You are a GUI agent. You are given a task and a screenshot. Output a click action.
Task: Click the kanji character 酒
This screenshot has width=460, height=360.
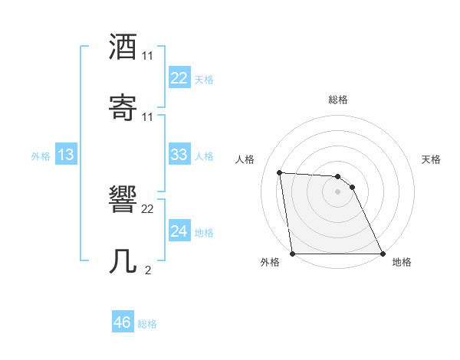point(123,47)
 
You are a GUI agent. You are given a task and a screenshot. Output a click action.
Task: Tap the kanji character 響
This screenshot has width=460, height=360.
point(123,200)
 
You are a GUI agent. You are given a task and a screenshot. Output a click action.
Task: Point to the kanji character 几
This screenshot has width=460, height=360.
point(123,261)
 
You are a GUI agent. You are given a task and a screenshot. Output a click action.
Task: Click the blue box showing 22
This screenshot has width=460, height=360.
point(179,77)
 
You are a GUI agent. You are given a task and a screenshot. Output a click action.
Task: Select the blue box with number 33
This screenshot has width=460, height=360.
point(179,155)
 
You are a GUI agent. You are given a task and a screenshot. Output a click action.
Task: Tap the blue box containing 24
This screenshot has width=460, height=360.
point(179,231)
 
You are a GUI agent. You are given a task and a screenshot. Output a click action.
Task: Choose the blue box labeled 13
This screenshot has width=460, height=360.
point(66,155)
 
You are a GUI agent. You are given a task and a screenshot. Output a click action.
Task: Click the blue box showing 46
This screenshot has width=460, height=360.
point(122,322)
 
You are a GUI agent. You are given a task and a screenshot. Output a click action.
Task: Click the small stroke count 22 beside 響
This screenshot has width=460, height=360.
point(148,209)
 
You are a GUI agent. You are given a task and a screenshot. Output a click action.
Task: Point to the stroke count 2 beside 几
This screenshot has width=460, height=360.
point(148,270)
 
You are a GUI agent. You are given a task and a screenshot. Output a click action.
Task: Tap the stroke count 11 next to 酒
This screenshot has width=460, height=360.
point(148,56)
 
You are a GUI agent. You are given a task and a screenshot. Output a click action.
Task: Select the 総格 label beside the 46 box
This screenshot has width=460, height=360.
point(147,324)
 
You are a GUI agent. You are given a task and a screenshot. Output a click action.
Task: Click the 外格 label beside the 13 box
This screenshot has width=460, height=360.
point(41,156)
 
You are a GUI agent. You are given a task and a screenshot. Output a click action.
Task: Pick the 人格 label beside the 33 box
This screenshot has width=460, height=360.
point(204,156)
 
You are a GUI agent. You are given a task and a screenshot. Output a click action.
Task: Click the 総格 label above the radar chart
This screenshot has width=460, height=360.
point(338,100)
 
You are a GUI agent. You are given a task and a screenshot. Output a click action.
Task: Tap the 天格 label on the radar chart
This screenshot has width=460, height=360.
point(432,159)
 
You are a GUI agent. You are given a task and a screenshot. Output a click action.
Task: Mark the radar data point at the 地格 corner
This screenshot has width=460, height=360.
point(383,254)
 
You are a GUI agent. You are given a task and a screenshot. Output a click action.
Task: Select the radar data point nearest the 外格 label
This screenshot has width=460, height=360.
point(293,254)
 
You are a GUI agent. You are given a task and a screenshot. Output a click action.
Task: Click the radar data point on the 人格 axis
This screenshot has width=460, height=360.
point(279,172)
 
